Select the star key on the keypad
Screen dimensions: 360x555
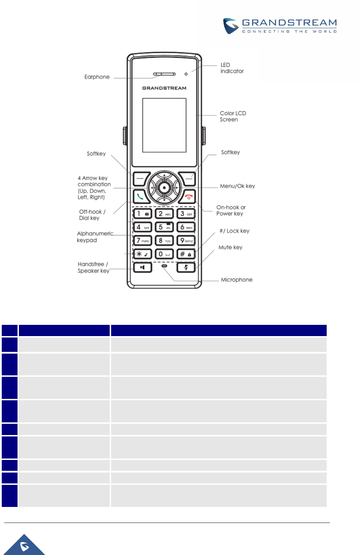[x=142, y=254]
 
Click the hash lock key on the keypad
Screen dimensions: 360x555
[x=186, y=254]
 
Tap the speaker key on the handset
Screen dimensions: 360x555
[x=142, y=268]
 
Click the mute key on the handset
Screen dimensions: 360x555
[x=186, y=268]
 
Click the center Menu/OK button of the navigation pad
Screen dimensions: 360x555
[x=164, y=188]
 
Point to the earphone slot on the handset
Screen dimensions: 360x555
[x=164, y=74]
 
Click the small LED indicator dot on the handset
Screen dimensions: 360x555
[x=186, y=74]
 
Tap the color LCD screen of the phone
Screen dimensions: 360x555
[x=164, y=125]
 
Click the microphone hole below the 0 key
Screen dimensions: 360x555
[x=164, y=266]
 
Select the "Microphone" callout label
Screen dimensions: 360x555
[x=237, y=280]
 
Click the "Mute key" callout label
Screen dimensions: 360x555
[x=230, y=247]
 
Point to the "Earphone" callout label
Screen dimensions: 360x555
[x=97, y=77]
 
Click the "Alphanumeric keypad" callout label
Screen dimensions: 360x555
[x=95, y=237]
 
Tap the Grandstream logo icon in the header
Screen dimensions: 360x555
[x=231, y=26]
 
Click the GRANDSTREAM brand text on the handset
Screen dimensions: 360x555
[x=164, y=88]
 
